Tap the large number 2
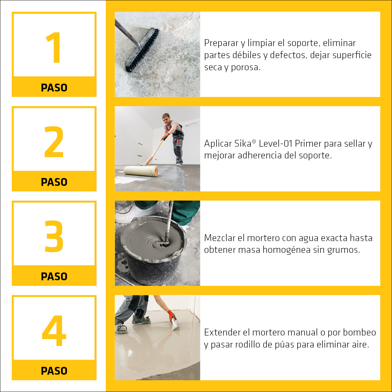(54, 142)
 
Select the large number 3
(54, 236)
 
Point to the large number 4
(54, 331)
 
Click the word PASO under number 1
(54, 88)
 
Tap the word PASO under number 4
(54, 371)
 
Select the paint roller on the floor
(141, 171)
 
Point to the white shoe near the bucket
(136, 213)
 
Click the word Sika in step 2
(243, 144)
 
